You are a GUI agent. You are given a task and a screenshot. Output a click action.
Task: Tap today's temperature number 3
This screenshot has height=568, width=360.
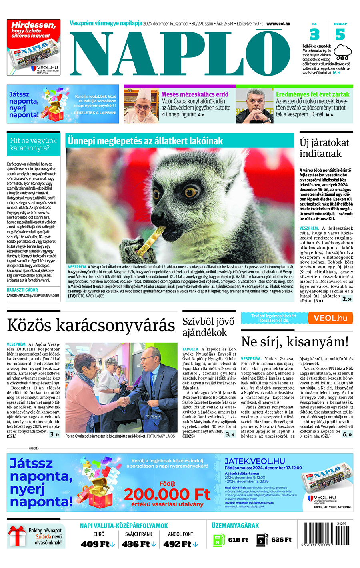pos(315,35)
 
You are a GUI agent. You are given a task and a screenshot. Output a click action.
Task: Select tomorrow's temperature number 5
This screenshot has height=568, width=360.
pos(340,35)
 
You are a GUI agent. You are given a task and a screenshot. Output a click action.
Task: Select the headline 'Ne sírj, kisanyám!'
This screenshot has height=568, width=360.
pos(295,342)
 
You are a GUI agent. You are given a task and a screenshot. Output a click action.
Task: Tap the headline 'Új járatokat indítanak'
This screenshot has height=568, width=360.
pos(324,148)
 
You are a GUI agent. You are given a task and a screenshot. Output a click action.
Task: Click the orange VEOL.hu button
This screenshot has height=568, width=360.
pos(330,318)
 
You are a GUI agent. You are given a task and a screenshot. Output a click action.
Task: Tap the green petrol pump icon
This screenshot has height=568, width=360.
pos(219,540)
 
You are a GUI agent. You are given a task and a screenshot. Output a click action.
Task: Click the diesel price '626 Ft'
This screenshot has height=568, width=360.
pos(282,540)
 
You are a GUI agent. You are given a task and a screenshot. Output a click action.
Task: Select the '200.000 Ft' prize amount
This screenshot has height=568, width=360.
pos(167,494)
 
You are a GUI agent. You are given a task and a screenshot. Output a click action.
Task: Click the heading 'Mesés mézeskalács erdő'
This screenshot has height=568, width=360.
pos(195,94)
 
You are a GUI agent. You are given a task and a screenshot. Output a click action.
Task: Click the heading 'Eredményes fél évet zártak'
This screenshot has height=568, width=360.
pos(312,94)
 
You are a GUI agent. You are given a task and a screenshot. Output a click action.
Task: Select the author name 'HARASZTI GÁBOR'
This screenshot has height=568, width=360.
pos(22,290)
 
